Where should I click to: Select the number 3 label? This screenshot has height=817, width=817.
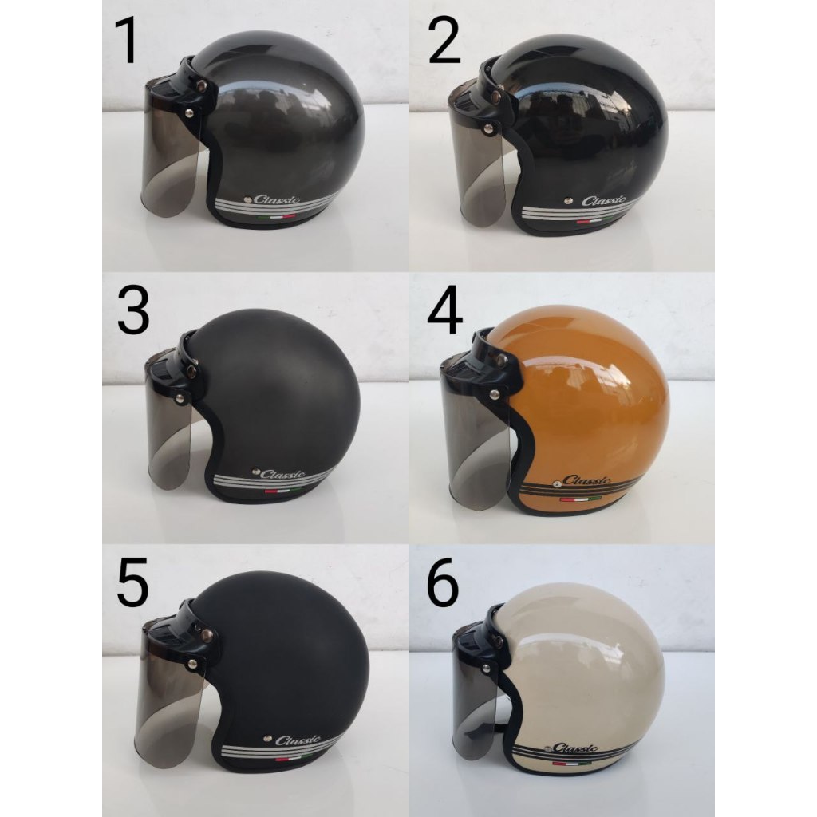click(132, 312)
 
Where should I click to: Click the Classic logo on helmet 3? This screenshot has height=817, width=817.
click(281, 473)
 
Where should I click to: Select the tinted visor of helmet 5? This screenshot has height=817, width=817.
click(169, 702)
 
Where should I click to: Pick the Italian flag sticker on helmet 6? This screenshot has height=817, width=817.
click(561, 765)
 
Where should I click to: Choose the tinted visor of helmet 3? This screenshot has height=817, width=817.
click(169, 439)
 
